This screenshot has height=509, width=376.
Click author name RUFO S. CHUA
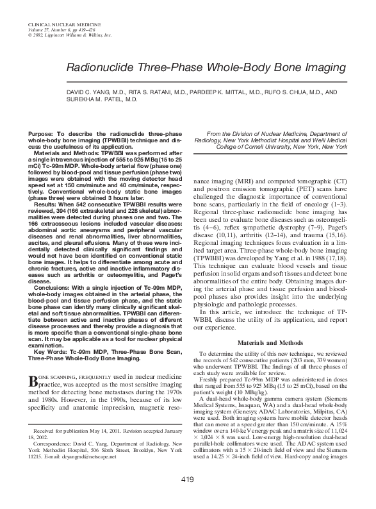284,92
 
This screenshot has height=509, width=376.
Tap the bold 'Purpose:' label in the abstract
42,131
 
